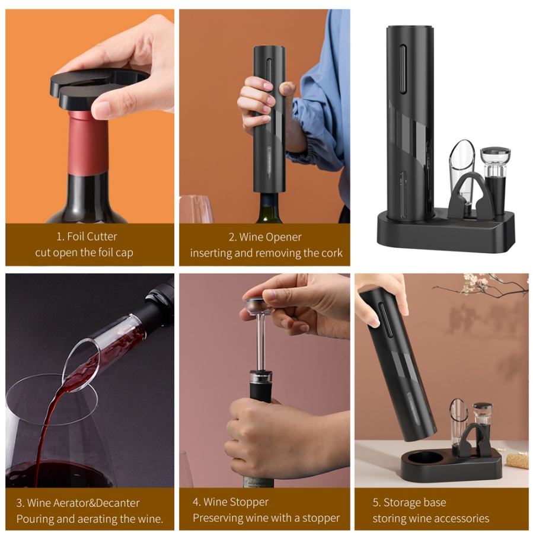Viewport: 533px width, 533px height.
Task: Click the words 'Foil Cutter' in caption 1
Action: tap(92, 237)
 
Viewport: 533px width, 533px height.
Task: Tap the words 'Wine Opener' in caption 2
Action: tap(270, 237)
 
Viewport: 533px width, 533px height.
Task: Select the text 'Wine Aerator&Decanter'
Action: tap(83, 503)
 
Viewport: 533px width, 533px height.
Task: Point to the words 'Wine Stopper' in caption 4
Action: tap(236, 502)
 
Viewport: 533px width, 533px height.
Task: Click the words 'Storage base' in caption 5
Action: tap(414, 502)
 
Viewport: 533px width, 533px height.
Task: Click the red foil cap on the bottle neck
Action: tap(88, 143)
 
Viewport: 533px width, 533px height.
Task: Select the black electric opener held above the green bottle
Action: tap(270, 119)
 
